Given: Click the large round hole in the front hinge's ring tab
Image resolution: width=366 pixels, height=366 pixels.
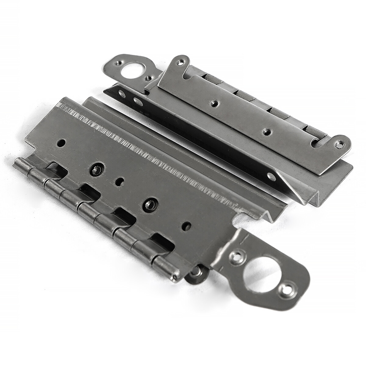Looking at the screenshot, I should (x=257, y=271).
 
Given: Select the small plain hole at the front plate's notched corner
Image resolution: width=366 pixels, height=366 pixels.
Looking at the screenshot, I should (x=62, y=142).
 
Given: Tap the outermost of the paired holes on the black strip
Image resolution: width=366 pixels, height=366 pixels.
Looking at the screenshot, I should (x=121, y=93).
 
